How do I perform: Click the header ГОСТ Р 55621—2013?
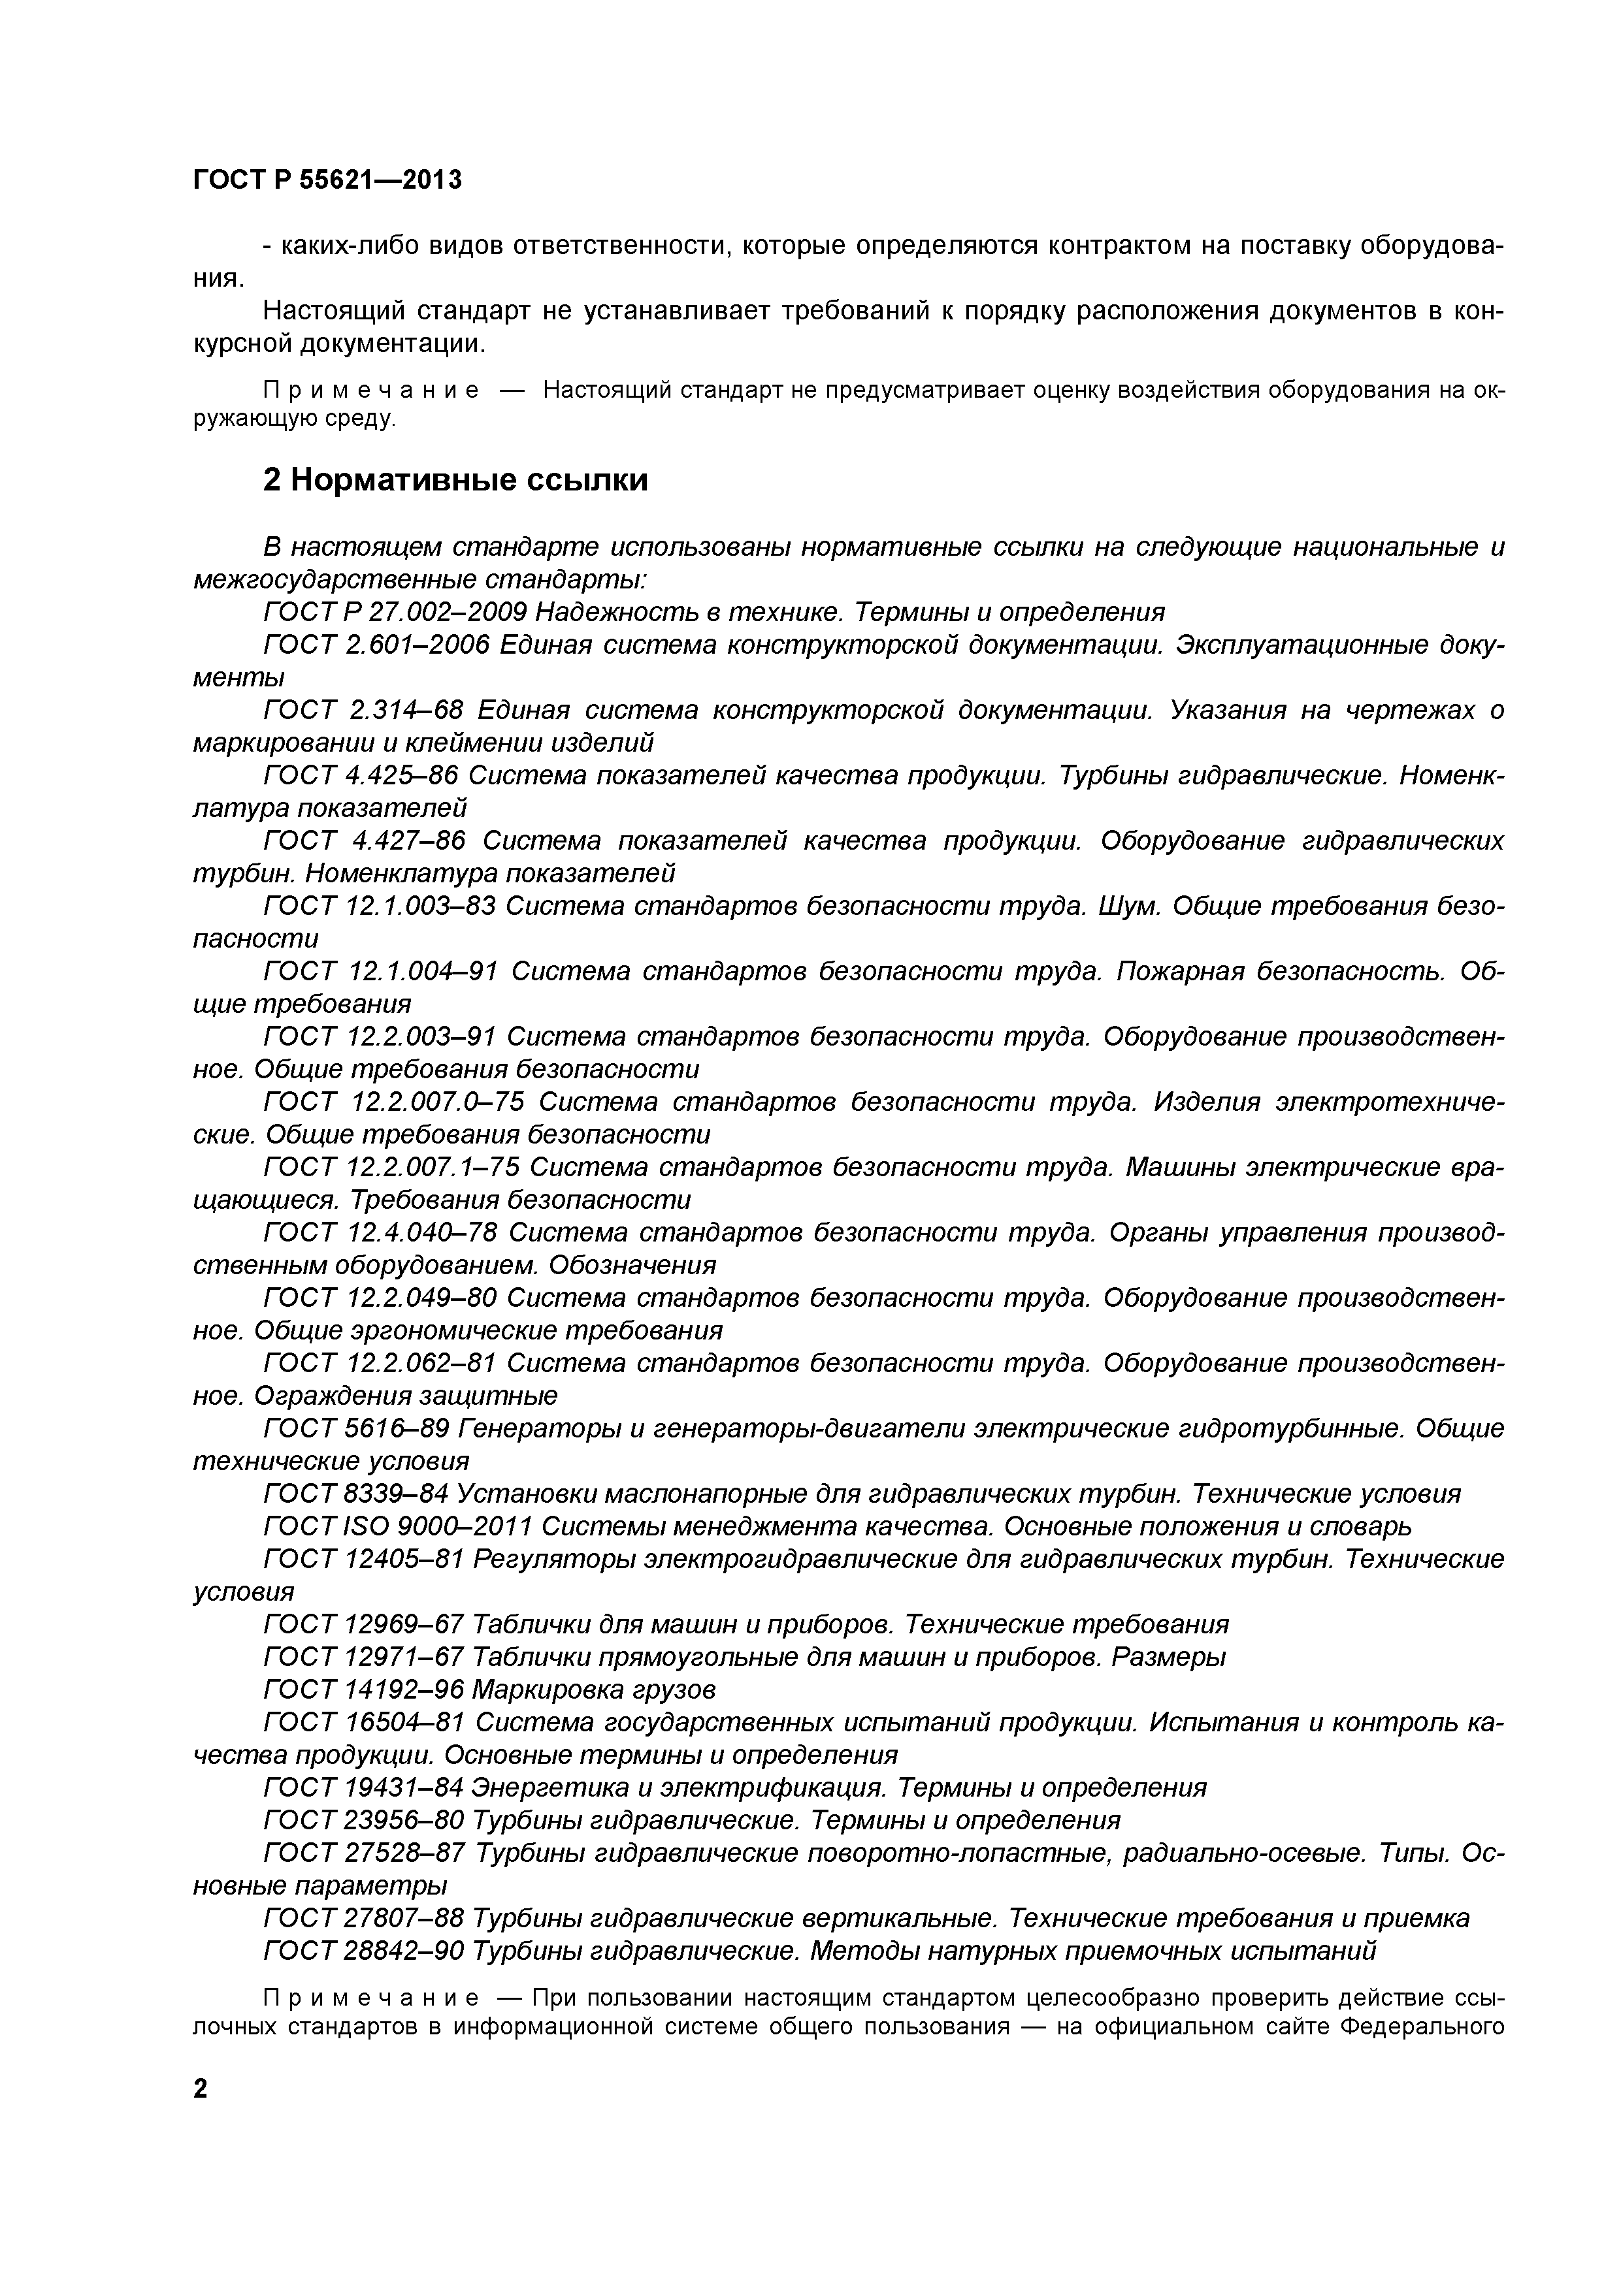tap(327, 181)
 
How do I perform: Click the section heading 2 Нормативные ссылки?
tap(455, 480)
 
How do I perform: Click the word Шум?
tap(1129, 905)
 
